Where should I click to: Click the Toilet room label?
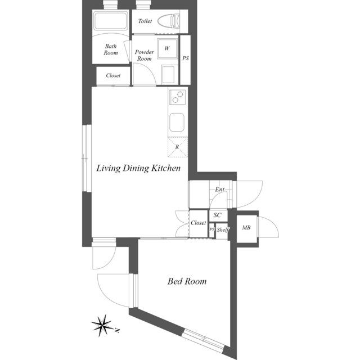coord(145,21)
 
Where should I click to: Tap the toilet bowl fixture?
coord(169,21)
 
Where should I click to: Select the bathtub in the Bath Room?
coord(111,21)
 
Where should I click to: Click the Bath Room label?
coord(111,49)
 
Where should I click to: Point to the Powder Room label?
coord(145,55)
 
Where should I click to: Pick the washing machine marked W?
coord(167,48)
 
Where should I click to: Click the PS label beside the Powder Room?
coord(186,58)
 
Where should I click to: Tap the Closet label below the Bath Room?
coord(113,75)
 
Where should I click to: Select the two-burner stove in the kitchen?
coord(178,97)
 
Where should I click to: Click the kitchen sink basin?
coord(177,123)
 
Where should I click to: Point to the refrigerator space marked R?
coord(178,147)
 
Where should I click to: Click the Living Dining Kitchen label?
coord(138,168)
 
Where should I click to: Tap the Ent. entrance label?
coord(220,190)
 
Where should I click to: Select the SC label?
coord(218,215)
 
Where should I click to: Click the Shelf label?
coord(223,229)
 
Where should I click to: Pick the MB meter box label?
coord(246,228)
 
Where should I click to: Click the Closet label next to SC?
coord(199,223)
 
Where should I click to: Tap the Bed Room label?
coord(187,281)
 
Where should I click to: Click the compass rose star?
coord(102,325)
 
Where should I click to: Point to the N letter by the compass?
coord(118,331)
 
